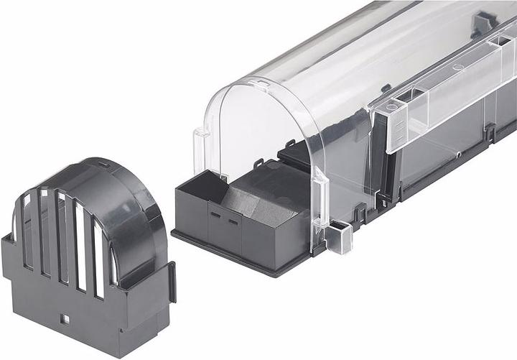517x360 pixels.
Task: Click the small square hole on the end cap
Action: point(65,318)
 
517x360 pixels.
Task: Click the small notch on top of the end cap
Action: point(106,165)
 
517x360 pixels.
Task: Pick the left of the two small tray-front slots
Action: point(214,215)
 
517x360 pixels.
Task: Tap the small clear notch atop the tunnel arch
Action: point(262,86)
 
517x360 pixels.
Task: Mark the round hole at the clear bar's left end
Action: point(391,107)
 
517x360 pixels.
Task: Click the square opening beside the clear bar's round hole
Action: point(407,95)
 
